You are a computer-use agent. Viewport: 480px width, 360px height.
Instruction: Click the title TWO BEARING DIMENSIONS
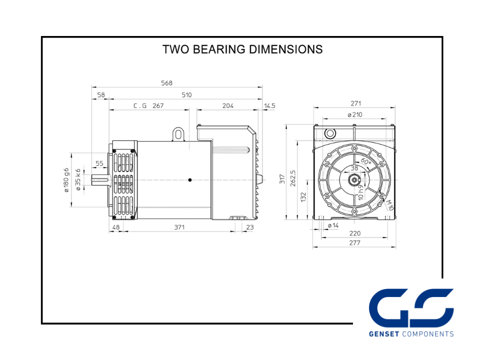[242, 49]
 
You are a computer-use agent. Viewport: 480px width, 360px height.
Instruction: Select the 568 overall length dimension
[166, 83]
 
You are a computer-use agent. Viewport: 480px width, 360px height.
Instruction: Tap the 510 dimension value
[186, 94]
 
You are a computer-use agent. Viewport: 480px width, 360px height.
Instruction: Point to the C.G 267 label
[148, 106]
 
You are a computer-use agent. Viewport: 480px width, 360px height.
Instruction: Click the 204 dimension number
[227, 106]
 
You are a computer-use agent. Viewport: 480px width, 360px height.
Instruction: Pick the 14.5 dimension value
[270, 106]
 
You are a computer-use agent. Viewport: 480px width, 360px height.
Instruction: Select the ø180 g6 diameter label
[66, 180]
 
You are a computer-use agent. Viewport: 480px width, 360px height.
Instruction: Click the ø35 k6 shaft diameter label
[78, 180]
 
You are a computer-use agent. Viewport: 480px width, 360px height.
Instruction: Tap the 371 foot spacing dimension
[179, 227]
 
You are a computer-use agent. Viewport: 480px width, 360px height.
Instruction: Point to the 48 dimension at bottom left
[116, 227]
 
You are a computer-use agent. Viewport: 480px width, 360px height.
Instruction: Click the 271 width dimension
[356, 103]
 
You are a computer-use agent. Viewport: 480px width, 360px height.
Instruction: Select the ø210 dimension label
[355, 115]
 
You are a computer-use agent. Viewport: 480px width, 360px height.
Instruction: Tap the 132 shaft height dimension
[302, 197]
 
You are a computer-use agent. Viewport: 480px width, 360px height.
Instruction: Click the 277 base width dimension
[355, 243]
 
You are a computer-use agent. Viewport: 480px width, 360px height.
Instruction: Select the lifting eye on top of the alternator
[178, 133]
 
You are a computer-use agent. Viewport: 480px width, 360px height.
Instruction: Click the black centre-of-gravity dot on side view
[190, 180]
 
